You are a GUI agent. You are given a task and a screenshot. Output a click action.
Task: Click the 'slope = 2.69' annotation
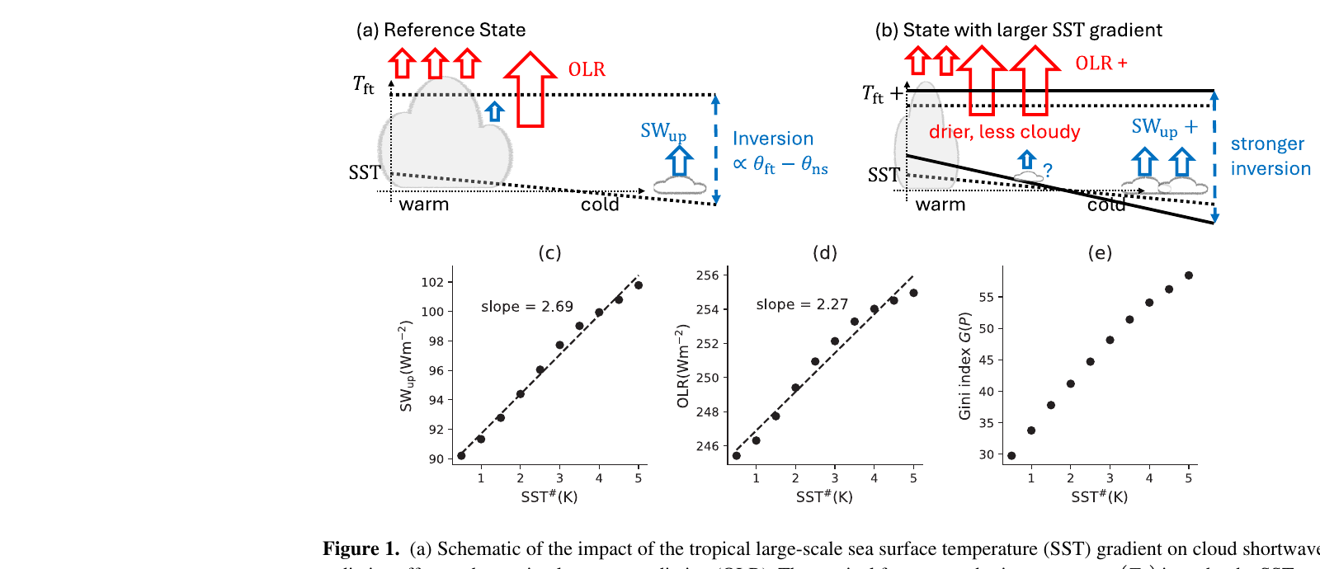[x=526, y=307]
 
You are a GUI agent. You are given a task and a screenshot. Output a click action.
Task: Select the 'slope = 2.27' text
[x=802, y=304]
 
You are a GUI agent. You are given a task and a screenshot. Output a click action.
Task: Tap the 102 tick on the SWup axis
[x=432, y=282]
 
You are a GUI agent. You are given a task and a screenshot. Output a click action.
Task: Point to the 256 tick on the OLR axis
[x=707, y=275]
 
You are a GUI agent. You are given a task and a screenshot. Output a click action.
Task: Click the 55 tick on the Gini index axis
[x=986, y=297]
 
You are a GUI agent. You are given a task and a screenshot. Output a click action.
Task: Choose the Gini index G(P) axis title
[x=964, y=365]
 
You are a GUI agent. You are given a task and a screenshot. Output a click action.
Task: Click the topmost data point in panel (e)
[x=1188, y=275]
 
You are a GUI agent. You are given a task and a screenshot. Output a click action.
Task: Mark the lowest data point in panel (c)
[x=461, y=455]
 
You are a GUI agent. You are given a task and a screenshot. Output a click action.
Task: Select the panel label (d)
[x=824, y=253]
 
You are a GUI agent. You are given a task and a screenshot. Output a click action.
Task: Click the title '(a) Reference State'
[x=441, y=31]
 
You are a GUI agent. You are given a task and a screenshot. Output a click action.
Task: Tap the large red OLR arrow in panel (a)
[x=530, y=91]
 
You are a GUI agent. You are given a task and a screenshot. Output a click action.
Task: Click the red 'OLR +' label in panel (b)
[x=1101, y=63]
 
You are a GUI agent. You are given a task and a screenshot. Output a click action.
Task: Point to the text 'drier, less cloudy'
[x=1004, y=132]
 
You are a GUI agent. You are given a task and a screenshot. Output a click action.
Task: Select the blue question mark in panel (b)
[x=1048, y=171]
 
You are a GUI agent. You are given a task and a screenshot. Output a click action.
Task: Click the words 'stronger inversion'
[x=1270, y=156]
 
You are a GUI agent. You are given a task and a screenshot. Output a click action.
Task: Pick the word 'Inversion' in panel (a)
[x=772, y=139]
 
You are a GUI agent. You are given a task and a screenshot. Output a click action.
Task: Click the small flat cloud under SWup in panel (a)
[x=680, y=186]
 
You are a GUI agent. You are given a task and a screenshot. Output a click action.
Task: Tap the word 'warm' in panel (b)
[x=940, y=205]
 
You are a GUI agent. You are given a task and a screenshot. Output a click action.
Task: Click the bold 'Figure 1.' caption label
[x=361, y=549]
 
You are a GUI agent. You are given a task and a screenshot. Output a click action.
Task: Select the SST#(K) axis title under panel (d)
[x=824, y=497]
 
